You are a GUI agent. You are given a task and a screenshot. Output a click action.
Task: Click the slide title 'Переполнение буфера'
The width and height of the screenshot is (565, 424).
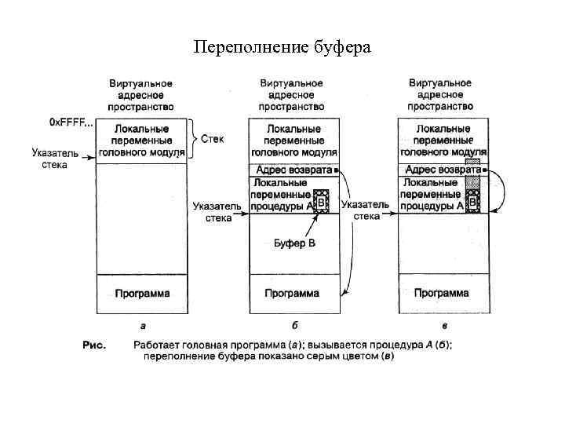coord(282,48)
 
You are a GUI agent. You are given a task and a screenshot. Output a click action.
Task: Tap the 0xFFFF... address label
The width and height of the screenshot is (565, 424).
coord(71,122)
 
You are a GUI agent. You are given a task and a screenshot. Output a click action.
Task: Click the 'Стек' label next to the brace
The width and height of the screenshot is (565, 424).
coord(212,139)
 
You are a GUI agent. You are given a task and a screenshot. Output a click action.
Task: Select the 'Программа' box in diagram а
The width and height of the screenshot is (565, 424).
coord(142,294)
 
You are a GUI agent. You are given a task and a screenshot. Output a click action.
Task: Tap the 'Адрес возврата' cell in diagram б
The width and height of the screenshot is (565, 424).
coord(291,170)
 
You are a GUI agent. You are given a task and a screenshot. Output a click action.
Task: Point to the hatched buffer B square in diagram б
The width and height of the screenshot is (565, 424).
coord(321,201)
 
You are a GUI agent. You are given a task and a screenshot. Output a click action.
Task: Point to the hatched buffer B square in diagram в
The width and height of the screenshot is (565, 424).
coord(472,201)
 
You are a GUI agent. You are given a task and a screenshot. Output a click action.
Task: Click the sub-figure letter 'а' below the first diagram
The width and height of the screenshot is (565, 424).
coord(143,325)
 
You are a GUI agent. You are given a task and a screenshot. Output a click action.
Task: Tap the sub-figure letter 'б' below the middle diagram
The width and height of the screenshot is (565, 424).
coord(294,325)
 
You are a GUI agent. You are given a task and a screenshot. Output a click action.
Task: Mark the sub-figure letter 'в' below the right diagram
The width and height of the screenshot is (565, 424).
coord(444,325)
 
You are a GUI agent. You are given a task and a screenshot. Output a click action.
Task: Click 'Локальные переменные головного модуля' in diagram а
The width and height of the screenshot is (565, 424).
coord(142,140)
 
